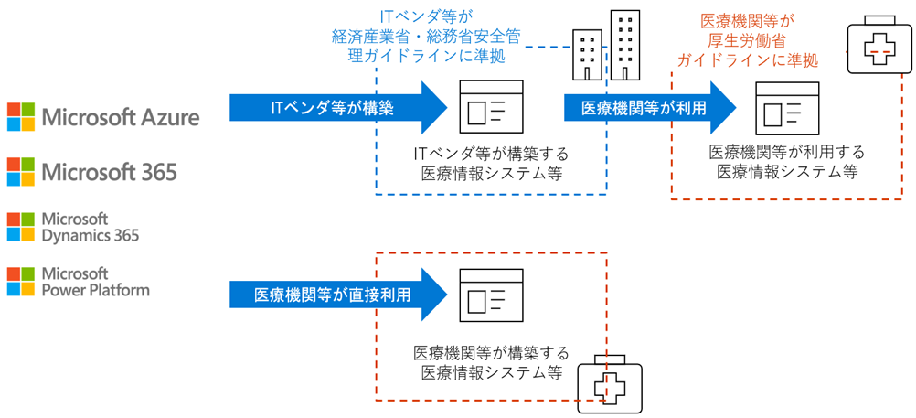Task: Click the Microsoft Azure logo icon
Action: pos(21,116)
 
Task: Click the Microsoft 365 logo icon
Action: pos(21,172)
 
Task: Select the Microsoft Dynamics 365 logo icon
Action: pos(21,227)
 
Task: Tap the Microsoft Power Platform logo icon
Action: pos(21,282)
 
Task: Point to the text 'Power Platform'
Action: pos(96,290)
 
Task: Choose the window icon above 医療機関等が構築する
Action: pos(491,295)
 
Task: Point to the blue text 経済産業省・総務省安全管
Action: pos(427,37)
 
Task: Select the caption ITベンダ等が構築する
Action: pos(491,155)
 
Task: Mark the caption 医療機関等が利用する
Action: pos(787,152)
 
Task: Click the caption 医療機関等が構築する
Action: pos(491,353)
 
